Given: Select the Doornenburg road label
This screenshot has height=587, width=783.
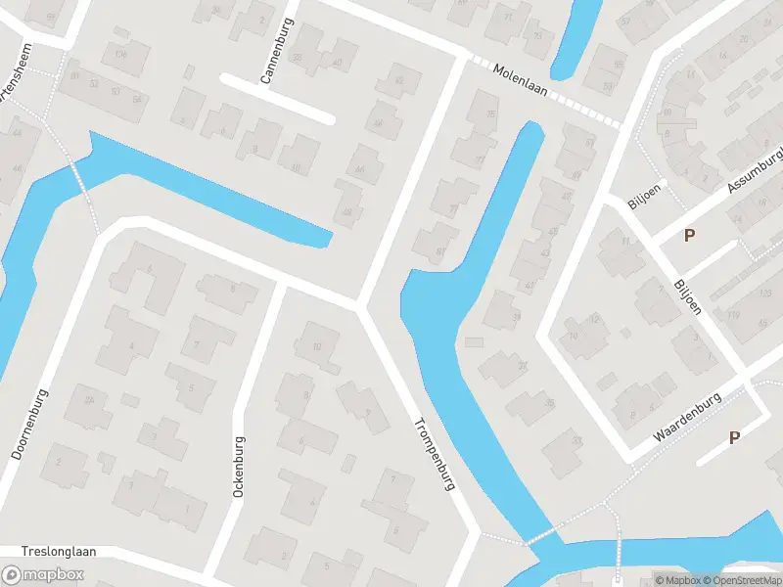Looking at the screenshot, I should pyautogui.click(x=30, y=422).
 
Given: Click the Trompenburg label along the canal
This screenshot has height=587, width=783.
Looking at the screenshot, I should pyautogui.click(x=435, y=453).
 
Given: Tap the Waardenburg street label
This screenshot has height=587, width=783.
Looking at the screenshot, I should pyautogui.click(x=687, y=419).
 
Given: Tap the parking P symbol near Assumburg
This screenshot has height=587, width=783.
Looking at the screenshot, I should pyautogui.click(x=690, y=235).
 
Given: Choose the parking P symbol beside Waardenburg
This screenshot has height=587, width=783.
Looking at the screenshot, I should pyautogui.click(x=734, y=438).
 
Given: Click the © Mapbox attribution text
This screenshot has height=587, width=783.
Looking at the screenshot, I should pyautogui.click(x=680, y=580).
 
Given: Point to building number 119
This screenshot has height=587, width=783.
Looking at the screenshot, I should pyautogui.click(x=733, y=315).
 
